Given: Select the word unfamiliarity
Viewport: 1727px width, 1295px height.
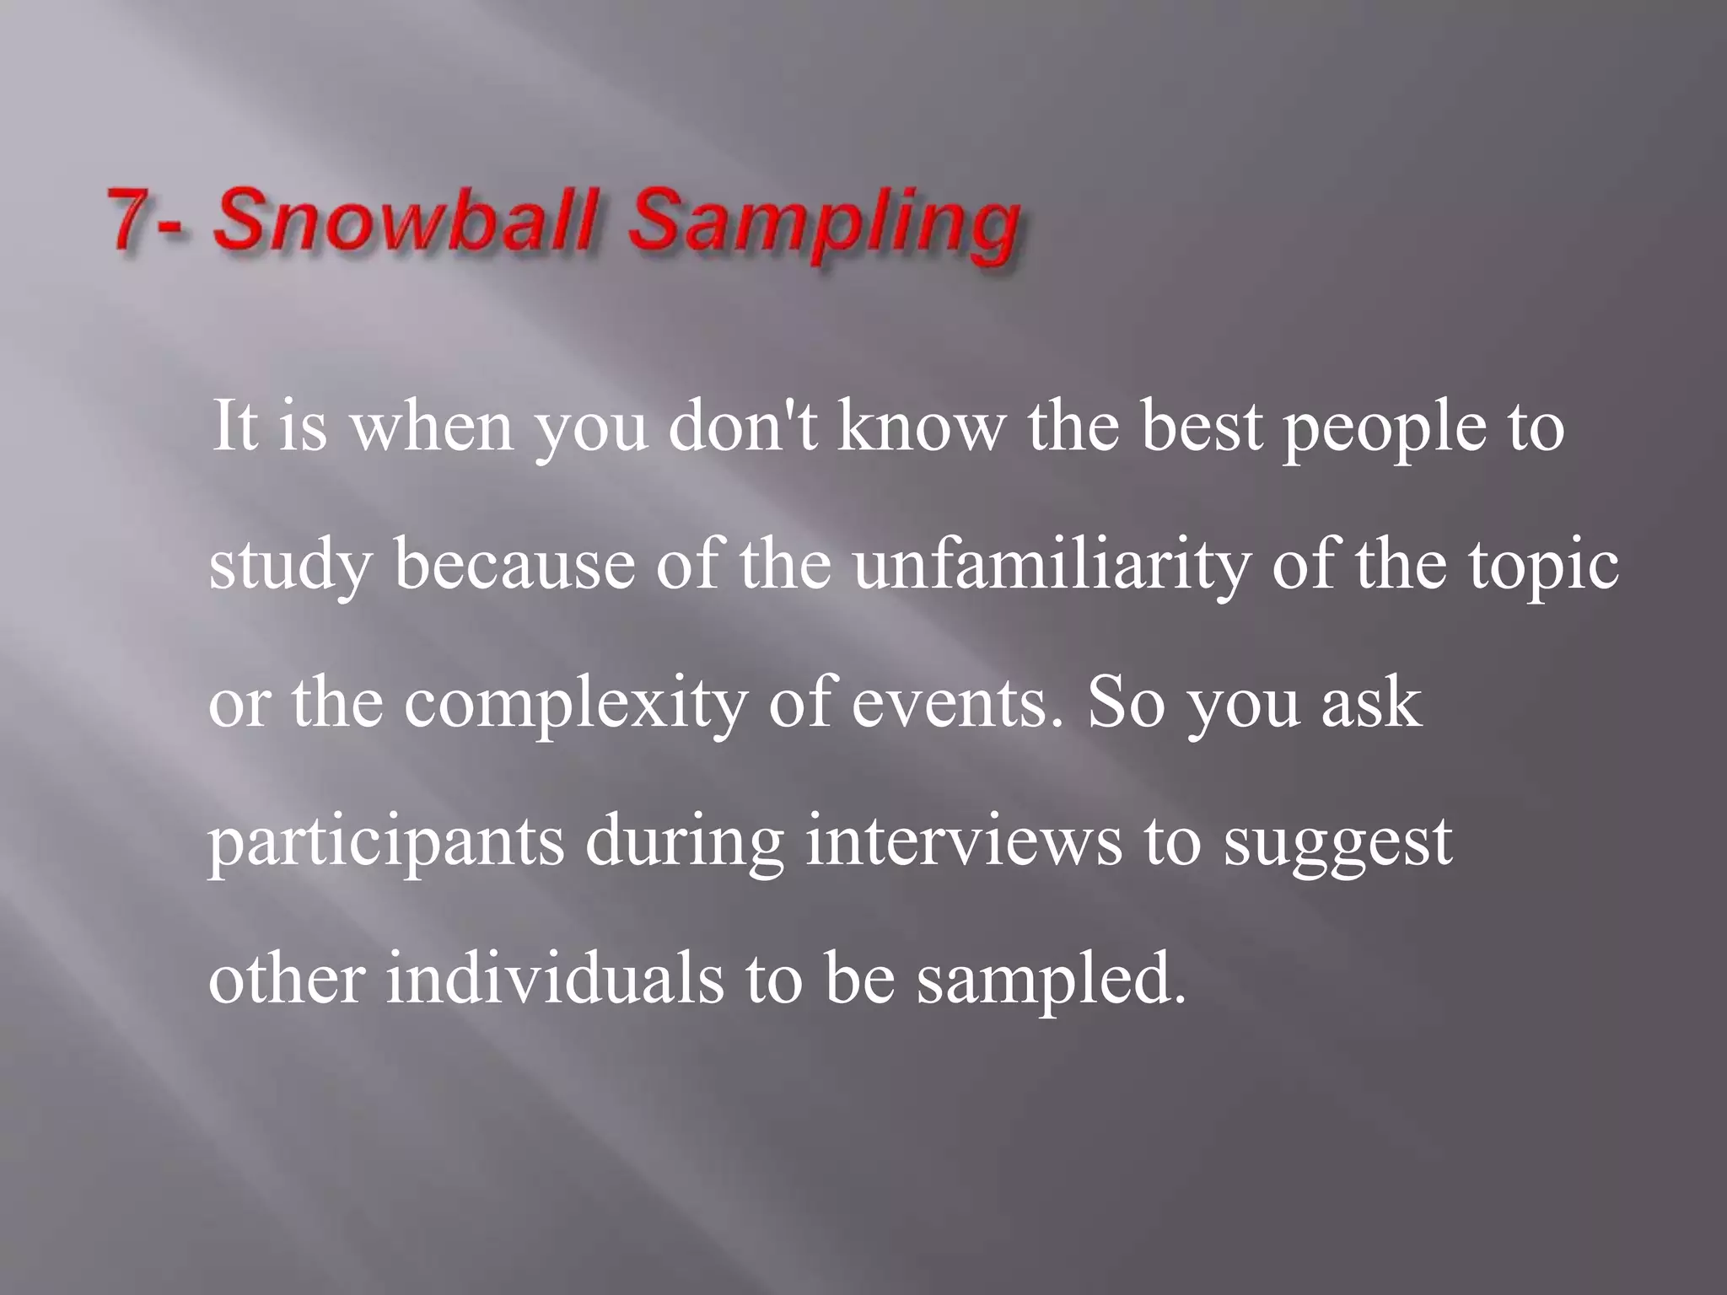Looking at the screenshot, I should coord(1051,565).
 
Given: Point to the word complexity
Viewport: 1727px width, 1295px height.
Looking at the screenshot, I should coord(575,705).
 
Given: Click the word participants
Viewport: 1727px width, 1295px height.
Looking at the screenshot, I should coord(386,843).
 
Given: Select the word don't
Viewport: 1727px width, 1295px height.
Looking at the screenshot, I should coord(742,427).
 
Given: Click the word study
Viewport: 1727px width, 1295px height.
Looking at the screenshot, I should coord(290,567).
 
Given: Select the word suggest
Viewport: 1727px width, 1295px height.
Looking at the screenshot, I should coord(1338,843).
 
